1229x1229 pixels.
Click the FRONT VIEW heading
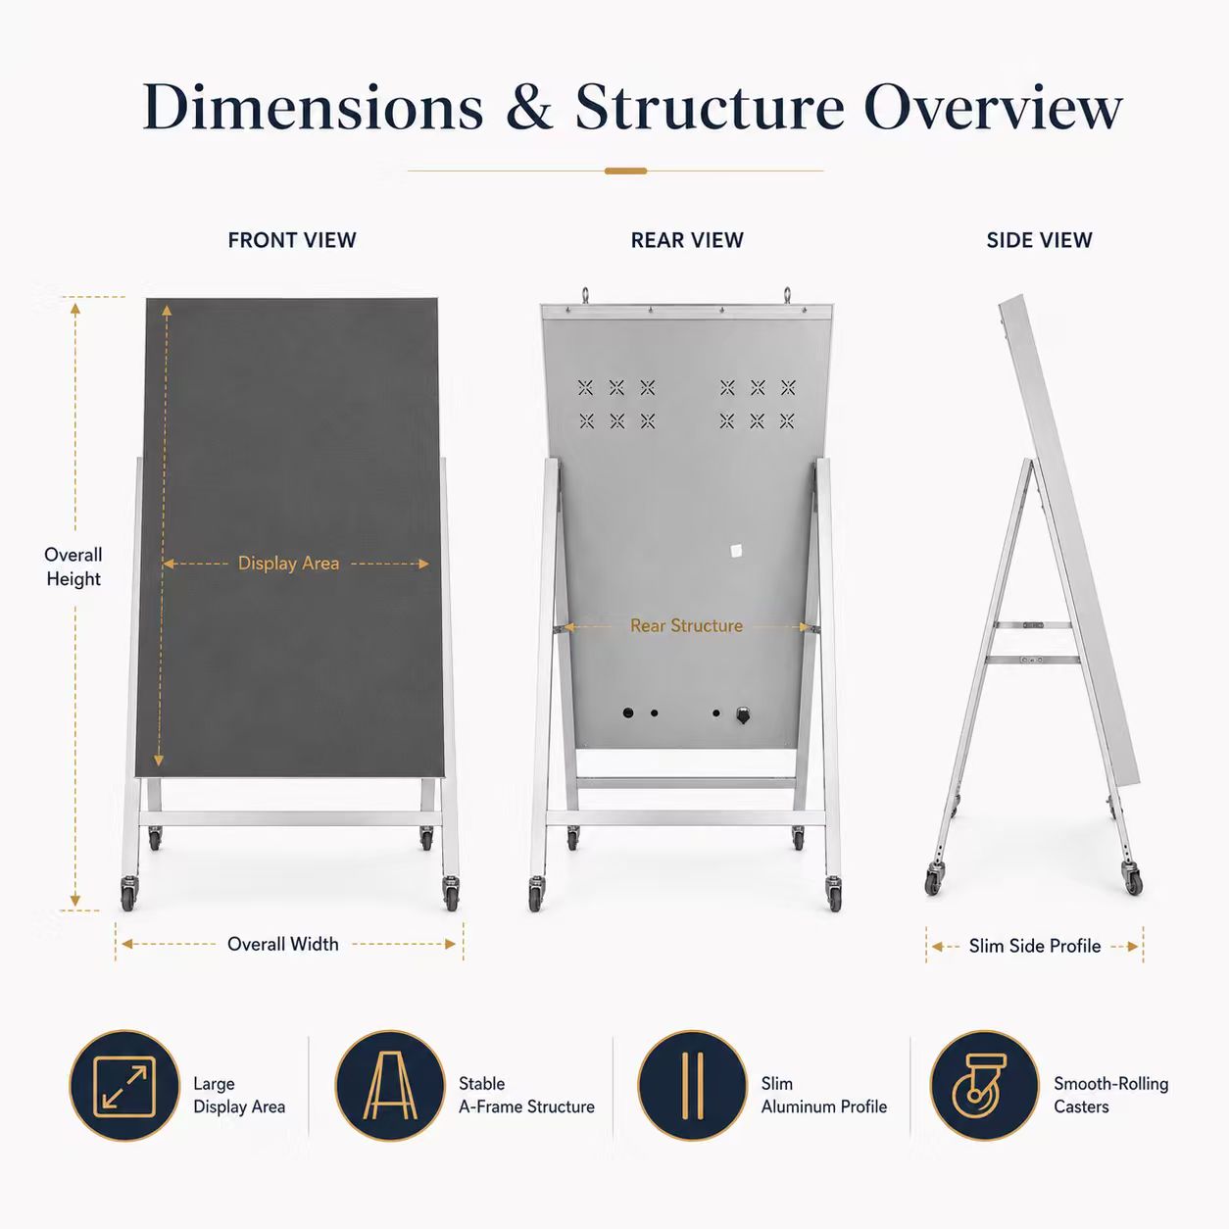292,240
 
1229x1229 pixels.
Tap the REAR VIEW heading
687,240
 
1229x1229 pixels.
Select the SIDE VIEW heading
1039,240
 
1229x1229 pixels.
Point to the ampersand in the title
529,107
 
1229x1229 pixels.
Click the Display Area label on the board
288,564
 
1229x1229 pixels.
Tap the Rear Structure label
686,625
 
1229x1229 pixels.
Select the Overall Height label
74,567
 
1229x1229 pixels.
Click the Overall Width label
282,944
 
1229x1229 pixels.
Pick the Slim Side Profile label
1035,946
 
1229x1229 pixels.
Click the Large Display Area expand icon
125,1086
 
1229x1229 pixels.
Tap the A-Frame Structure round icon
390,1086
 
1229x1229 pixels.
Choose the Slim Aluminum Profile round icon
692,1086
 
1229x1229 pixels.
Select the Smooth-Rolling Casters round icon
985,1086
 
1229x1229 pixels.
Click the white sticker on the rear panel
736,551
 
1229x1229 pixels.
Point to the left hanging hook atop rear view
585,296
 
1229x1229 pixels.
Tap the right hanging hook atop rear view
787,296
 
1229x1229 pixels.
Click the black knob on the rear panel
742,714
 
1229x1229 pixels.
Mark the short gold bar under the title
625,171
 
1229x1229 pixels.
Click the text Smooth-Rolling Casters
1110,1095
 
